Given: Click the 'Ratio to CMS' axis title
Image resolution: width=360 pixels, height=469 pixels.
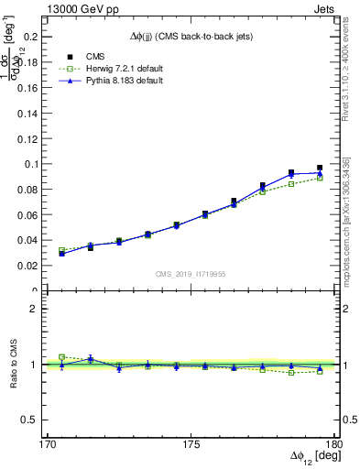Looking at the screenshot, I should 14,364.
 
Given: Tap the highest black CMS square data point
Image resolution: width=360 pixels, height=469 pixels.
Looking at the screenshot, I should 320,168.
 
